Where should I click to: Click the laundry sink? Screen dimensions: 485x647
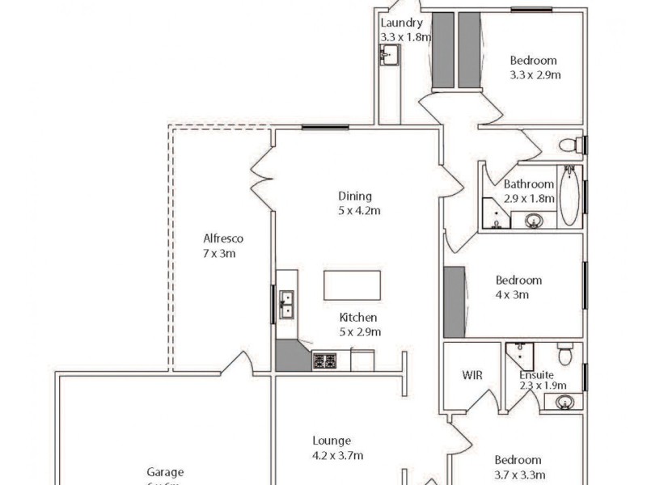389,56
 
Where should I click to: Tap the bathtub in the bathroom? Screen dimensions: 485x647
571,196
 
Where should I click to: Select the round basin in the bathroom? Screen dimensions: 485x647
533,220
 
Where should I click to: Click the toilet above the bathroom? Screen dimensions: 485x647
571,145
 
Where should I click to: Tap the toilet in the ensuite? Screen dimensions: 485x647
565,354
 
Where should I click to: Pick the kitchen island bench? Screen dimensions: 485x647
352,285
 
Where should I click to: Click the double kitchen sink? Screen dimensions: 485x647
285,304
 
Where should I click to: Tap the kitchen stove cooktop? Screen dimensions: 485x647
324,361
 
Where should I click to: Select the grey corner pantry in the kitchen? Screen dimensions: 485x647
292,356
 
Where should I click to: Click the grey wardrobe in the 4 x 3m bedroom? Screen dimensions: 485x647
455,302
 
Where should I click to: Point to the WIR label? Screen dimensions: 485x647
472,375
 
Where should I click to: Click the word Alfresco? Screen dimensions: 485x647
223,238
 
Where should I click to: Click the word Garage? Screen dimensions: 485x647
165,472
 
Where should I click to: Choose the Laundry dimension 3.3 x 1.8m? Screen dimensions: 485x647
406,37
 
